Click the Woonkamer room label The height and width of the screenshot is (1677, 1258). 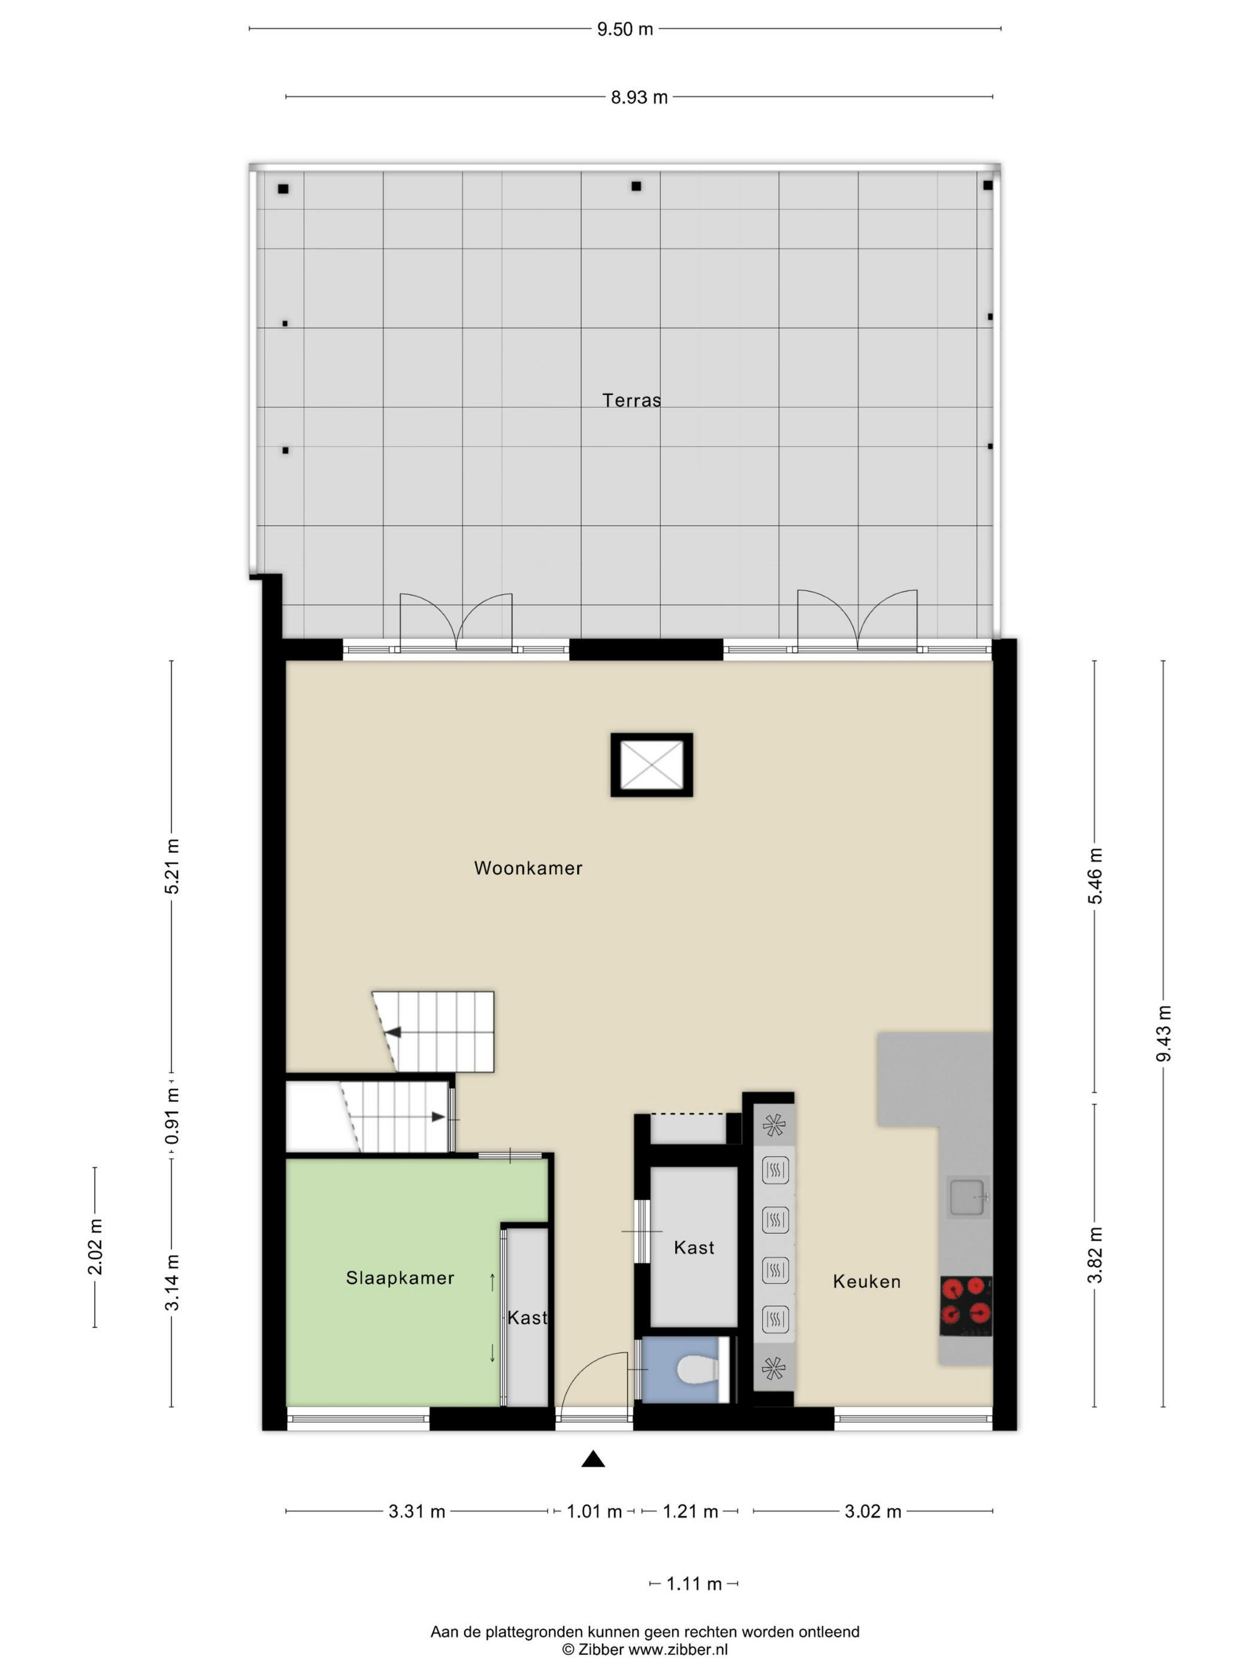tap(528, 868)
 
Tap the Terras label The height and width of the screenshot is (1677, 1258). tap(631, 400)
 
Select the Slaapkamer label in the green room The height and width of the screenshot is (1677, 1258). tap(400, 1278)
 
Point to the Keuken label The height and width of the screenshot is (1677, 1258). tap(867, 1281)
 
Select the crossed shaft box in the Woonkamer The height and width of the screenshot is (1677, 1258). tap(651, 764)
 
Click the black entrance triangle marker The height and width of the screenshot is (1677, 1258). tap(593, 1458)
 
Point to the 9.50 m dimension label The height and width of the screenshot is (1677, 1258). tap(624, 29)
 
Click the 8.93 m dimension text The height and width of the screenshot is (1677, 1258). tap(639, 98)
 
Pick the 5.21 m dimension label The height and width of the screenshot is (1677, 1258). tap(172, 866)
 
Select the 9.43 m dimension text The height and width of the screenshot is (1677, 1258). tap(1163, 1033)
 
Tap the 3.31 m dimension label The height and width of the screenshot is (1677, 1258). tap(416, 1512)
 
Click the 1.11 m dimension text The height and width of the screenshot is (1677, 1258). tap(694, 1584)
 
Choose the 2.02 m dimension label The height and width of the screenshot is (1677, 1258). tap(95, 1247)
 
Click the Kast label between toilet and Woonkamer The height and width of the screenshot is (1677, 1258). tap(694, 1247)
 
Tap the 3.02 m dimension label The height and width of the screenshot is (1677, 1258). tap(873, 1512)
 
